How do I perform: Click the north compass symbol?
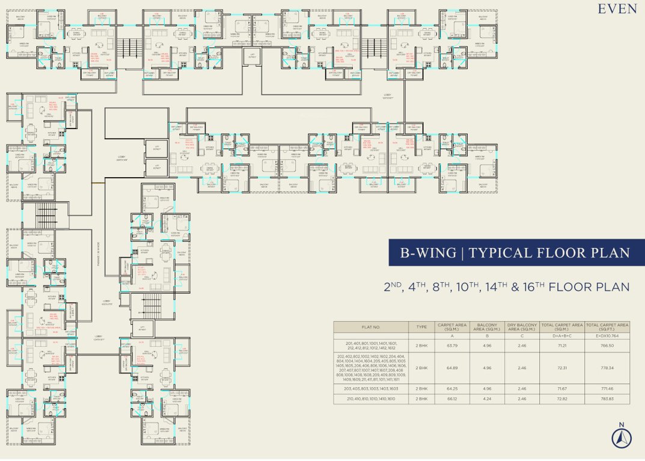tap(621, 438)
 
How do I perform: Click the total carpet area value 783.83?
tap(607, 398)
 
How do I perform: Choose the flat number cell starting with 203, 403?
tap(371, 388)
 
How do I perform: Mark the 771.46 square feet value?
tap(607, 388)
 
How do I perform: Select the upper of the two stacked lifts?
tap(156, 148)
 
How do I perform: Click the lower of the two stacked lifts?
tap(156, 167)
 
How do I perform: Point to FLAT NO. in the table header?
tap(371, 327)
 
